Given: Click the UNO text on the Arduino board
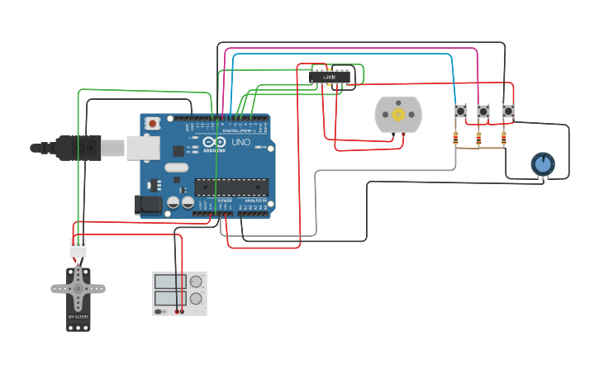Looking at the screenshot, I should point(240,142).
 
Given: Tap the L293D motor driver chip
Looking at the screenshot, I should point(329,77).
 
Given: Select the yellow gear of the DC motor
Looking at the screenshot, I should point(398,115).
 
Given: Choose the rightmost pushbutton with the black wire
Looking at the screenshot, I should point(508,111).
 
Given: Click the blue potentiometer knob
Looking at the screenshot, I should point(543,164).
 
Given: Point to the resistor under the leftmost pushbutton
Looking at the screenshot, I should point(456,139).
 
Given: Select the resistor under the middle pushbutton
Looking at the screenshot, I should point(479,139).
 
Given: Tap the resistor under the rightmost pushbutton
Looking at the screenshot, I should point(503,139).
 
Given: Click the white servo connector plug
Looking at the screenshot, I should point(78,248).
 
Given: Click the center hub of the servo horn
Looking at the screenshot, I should point(78,289).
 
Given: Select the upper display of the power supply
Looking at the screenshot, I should point(170,281).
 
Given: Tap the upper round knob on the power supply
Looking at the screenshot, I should point(196,282).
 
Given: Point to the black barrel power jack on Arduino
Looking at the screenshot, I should point(149,204).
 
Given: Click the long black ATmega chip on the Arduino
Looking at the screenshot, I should point(231,187).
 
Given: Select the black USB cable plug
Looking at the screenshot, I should point(78,147).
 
